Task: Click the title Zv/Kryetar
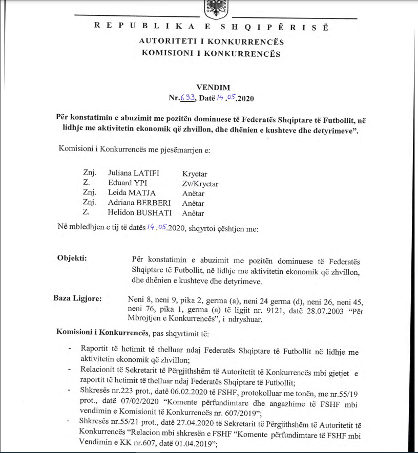(x=200, y=183)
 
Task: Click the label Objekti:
(x=72, y=257)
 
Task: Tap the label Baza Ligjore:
(x=77, y=298)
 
